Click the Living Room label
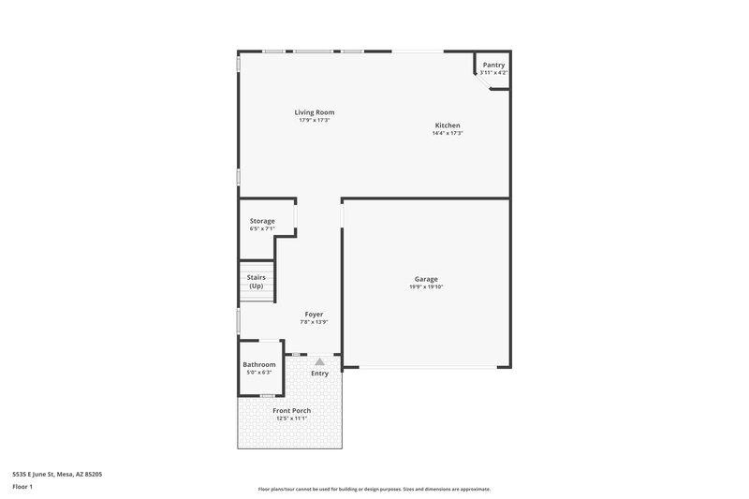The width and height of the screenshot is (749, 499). (x=315, y=112)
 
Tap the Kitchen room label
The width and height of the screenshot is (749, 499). (x=448, y=125)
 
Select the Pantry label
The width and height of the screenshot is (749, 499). (x=493, y=65)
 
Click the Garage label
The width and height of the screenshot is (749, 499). (x=426, y=279)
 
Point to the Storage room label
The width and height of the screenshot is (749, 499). (x=262, y=221)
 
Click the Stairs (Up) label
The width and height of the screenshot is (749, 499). (x=256, y=282)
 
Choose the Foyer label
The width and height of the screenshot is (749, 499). (x=314, y=314)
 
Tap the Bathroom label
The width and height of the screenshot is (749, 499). (x=259, y=364)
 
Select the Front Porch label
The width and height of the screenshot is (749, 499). (x=292, y=411)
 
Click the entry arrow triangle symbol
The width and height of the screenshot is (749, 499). (x=319, y=360)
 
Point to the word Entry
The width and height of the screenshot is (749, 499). (x=320, y=373)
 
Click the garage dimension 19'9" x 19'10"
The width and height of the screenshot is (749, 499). (x=426, y=286)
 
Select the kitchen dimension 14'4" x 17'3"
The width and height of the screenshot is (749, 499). (x=448, y=133)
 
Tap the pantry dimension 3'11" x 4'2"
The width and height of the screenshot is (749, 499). (x=493, y=72)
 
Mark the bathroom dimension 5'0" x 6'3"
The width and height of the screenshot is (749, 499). (x=259, y=373)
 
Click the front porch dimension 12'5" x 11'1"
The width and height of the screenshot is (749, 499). (x=292, y=418)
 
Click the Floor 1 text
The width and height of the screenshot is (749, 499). (x=22, y=488)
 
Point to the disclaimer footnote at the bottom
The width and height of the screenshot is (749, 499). (x=374, y=489)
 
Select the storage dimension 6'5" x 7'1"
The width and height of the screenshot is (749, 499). (x=262, y=228)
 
